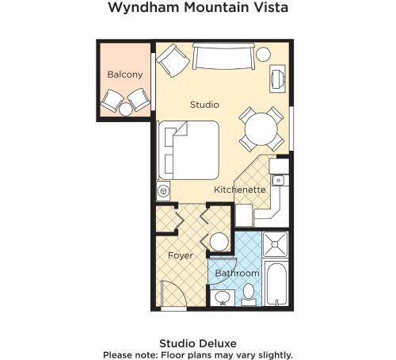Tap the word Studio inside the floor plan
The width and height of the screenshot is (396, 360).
[x=204, y=105]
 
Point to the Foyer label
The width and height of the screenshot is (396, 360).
[x=179, y=255]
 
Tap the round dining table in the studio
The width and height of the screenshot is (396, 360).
[x=261, y=126]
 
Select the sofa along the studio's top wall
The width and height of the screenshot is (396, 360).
[x=223, y=58]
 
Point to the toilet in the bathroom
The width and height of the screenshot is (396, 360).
[x=249, y=295]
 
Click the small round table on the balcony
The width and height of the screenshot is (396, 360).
[x=126, y=110]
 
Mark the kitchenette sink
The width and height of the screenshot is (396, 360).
[x=278, y=180]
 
